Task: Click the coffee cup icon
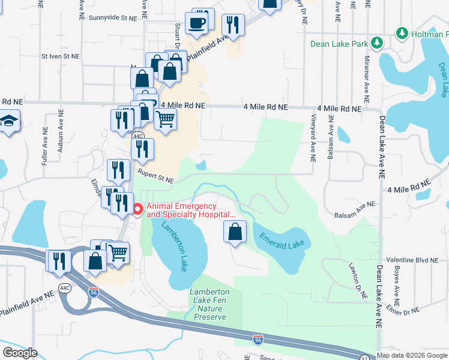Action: click(x=197, y=24)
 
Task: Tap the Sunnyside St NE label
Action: click(x=113, y=18)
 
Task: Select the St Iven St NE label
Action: click(x=60, y=56)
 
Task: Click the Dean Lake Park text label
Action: click(x=338, y=43)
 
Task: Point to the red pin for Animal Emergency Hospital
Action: click(x=137, y=209)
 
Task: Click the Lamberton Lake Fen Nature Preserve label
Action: click(x=209, y=304)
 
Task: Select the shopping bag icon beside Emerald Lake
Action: click(x=235, y=232)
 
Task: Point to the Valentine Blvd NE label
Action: click(x=412, y=260)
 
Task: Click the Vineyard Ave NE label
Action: click(x=313, y=139)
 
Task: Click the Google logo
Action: click(x=20, y=353)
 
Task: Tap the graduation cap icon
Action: click(x=8, y=122)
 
